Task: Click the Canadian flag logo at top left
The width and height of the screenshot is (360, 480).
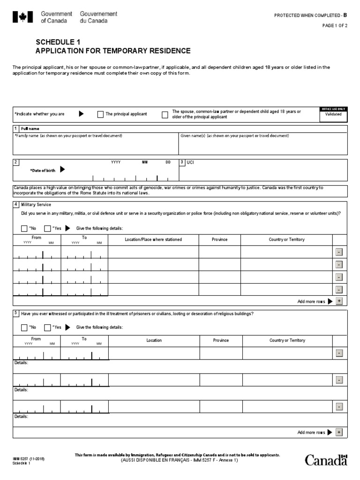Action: (20, 17)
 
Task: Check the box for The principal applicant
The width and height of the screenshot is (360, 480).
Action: (100, 114)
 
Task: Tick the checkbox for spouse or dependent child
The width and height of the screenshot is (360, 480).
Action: (165, 114)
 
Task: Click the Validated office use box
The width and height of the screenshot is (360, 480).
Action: (333, 114)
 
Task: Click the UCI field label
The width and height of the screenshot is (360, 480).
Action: (190, 162)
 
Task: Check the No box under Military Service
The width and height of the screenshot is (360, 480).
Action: (24, 228)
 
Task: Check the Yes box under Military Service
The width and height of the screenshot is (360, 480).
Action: (47, 228)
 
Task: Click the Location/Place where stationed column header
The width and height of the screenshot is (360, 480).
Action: (153, 240)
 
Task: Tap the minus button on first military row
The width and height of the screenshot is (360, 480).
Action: (339, 252)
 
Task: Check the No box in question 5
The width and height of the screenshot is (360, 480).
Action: (24, 327)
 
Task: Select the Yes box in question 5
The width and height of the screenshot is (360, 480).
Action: (47, 327)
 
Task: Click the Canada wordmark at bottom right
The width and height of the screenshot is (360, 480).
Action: (326, 460)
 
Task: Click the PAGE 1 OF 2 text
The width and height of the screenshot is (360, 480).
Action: (334, 26)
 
